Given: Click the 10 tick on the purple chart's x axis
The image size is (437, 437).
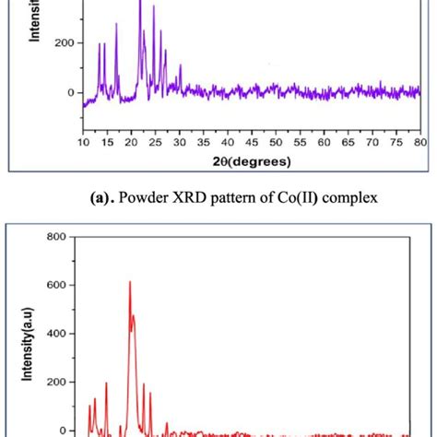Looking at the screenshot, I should point(83,144).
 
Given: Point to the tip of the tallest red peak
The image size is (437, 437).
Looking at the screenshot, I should point(129,282).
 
